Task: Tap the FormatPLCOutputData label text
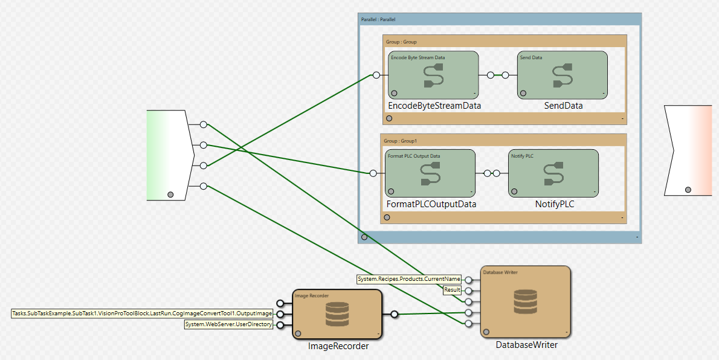[x=431, y=204]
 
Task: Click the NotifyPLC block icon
[x=553, y=173]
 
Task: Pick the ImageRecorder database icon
[x=337, y=314]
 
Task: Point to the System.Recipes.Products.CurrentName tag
[x=409, y=279]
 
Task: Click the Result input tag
[x=453, y=290]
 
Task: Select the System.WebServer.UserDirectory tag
[x=228, y=325]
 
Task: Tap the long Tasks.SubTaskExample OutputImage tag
[x=143, y=313]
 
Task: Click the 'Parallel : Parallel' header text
[x=378, y=19]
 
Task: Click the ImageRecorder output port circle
[x=395, y=314]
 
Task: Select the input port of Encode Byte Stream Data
[x=376, y=76]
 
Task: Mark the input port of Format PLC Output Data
[x=373, y=173]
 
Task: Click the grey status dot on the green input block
[x=171, y=194]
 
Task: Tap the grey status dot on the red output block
[x=688, y=190]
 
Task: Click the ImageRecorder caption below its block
[x=338, y=346]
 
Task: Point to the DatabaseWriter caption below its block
[x=526, y=345]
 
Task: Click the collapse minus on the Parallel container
[x=637, y=237]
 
